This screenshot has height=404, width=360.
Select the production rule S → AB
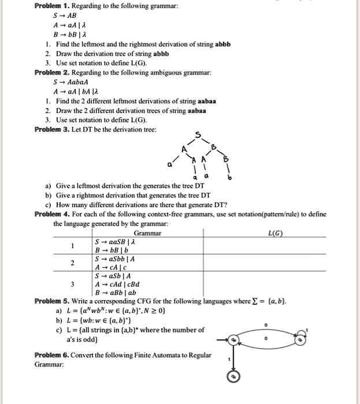click(66, 16)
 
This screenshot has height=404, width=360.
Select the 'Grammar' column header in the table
click(147, 233)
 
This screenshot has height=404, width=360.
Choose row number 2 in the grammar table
click(72, 263)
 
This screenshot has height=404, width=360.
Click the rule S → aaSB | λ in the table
click(116, 241)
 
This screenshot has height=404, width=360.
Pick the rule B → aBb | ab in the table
click(116, 293)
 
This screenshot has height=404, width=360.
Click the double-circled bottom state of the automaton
click(232, 377)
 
